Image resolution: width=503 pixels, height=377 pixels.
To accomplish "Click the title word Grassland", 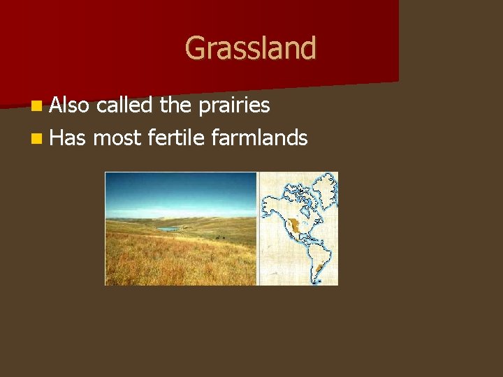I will [250, 48].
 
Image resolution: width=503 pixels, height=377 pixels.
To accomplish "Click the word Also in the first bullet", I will [69, 105].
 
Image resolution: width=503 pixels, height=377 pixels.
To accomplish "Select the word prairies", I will [233, 105].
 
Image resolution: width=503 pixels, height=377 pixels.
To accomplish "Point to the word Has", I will [68, 138].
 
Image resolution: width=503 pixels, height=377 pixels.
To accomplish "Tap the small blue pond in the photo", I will [168, 228].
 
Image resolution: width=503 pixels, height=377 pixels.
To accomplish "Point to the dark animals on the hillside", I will [219, 238].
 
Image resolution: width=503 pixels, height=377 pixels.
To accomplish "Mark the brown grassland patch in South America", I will [319, 268].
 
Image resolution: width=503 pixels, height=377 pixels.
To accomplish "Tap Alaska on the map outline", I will [269, 203].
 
